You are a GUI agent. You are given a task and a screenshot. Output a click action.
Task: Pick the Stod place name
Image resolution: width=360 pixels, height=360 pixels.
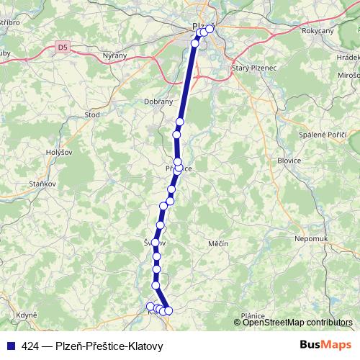pos(92,114)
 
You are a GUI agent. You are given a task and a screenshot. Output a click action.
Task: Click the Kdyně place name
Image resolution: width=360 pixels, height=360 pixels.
pos(27,315)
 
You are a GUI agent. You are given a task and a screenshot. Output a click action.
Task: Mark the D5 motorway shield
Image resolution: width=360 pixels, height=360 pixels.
pos(64,48)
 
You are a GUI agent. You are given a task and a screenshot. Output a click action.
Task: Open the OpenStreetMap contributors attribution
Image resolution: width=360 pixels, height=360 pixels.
pos(297,322)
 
